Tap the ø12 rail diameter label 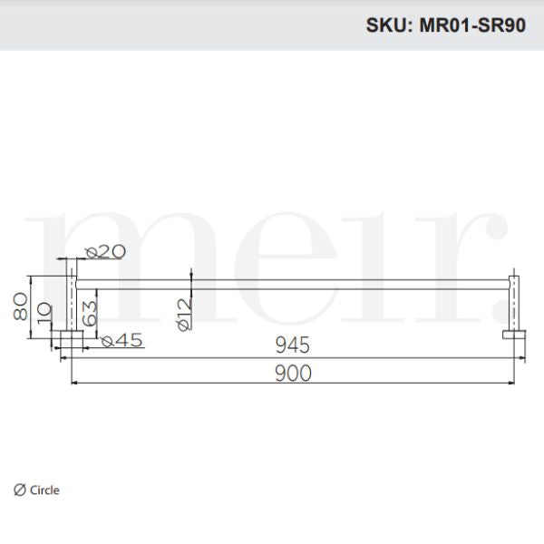pos(184,313)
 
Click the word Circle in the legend pos(44,491)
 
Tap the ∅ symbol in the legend pos(19,491)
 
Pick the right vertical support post pos(515,304)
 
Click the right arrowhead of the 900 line pos(512,384)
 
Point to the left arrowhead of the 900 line pos(73,384)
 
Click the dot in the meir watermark pos(499,312)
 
